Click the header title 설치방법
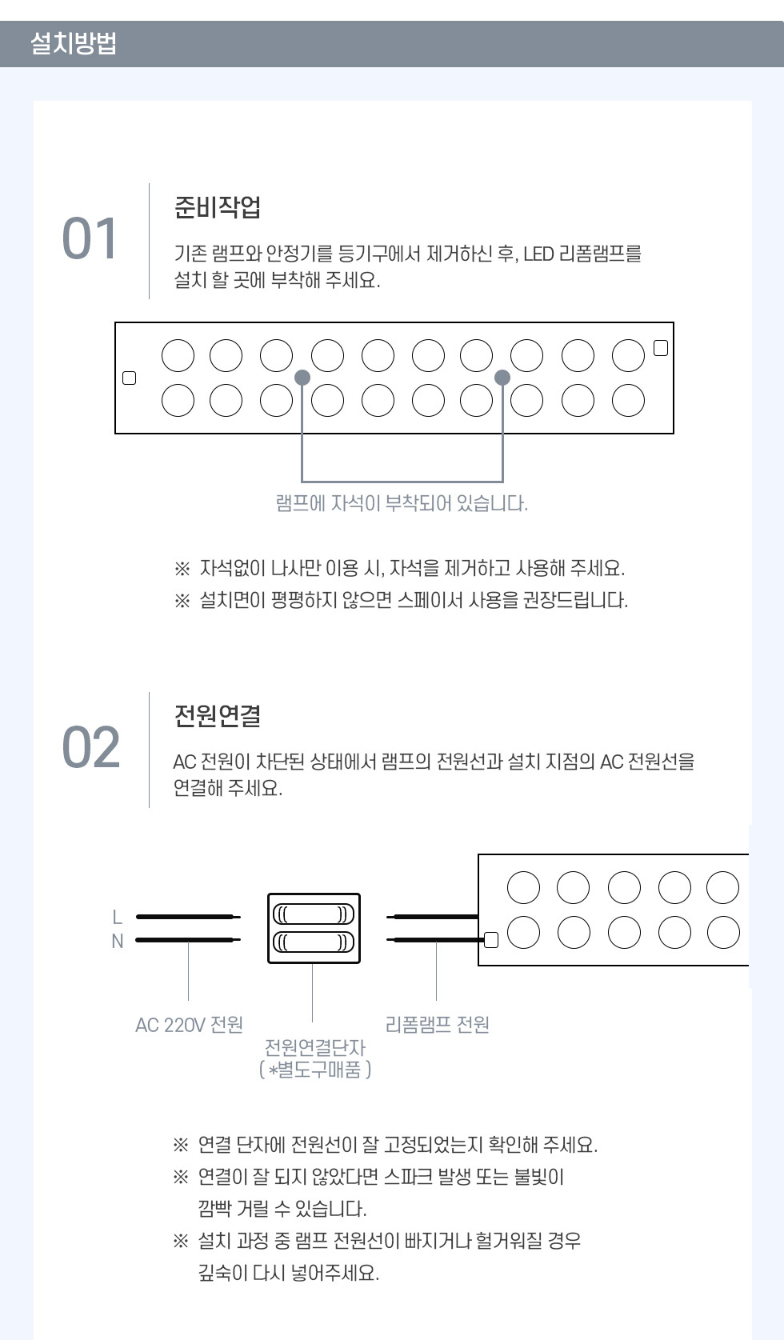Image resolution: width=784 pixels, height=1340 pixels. coord(73,44)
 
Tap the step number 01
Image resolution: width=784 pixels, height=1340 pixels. coord(89,238)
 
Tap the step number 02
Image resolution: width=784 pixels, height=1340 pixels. coord(91,747)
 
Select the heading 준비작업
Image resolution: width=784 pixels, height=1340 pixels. coord(217,207)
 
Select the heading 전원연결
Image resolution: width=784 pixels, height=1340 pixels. coord(217,715)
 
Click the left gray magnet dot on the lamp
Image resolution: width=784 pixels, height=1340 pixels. coord(302,378)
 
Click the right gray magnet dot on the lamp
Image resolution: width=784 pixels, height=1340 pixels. coord(502,378)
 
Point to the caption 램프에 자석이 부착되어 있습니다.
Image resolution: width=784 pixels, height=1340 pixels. coord(402,503)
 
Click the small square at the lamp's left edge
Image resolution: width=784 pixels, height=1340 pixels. coord(129,378)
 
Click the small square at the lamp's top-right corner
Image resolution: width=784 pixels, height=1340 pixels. coord(661,348)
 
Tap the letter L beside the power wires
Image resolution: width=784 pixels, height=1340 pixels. coord(118,917)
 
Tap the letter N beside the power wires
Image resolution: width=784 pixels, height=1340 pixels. coord(118,942)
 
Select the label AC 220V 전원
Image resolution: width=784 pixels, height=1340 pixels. coord(189,1026)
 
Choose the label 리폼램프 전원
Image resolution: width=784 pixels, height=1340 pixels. coord(437,1025)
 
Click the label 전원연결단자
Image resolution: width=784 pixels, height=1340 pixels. coord(314,1047)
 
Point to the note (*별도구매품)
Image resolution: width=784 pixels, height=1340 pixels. coord(315,1069)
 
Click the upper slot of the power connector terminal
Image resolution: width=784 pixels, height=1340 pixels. coord(314,914)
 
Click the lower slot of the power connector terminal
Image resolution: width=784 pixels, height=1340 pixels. coord(314,942)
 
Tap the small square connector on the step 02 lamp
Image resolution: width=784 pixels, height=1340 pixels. coord(491,940)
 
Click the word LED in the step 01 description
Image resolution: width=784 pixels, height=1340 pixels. coord(538,254)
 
